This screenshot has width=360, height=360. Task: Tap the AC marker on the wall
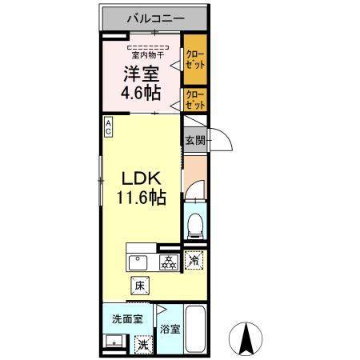point(109,127)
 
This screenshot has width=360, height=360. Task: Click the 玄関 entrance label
point(194,141)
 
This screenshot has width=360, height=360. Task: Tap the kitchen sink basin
point(138,262)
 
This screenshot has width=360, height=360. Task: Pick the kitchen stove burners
point(169,262)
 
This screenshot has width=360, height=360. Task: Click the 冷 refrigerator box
point(194,260)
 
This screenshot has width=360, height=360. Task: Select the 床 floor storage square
point(139,284)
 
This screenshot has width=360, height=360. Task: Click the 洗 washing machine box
point(142,344)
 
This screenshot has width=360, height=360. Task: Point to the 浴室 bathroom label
point(169,328)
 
